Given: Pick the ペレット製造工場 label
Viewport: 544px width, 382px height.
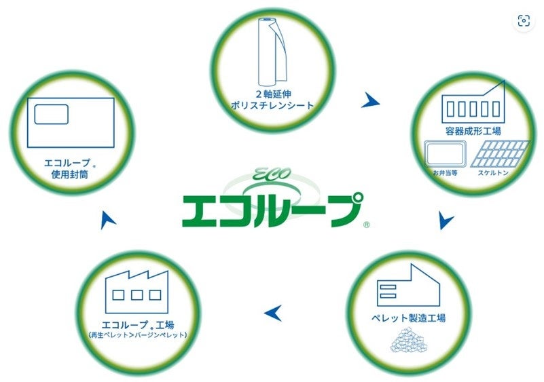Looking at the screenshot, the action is coord(409,318).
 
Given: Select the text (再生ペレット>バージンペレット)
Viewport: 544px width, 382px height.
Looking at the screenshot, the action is coord(137,335).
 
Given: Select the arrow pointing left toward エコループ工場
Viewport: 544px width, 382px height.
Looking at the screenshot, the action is coord(273,313).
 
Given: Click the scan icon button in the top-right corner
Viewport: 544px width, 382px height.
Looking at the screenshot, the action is coord(523,21).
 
